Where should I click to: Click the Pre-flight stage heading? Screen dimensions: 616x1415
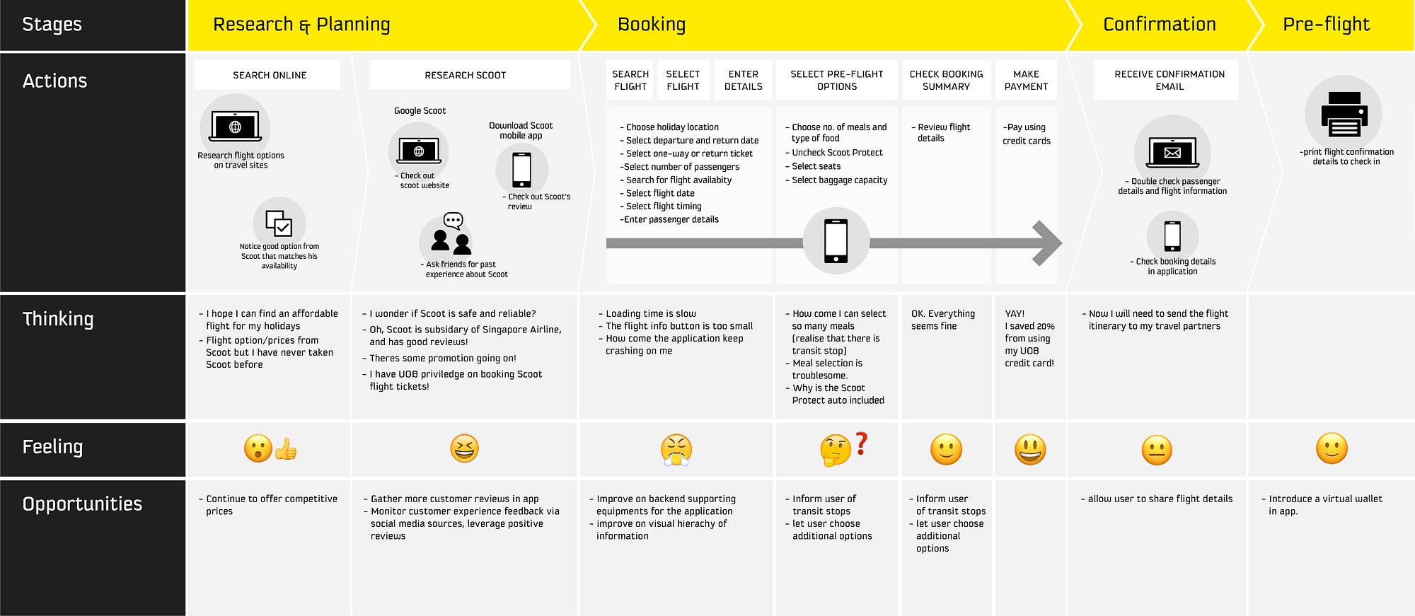[x=1326, y=25]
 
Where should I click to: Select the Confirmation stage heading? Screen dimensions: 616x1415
[x=1159, y=25]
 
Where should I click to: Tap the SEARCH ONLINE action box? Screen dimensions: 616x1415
[x=269, y=75]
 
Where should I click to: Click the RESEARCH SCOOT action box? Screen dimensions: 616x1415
[x=466, y=75]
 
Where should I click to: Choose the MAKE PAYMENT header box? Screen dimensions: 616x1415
[x=1026, y=80]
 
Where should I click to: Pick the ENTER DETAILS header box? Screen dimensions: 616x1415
[x=743, y=80]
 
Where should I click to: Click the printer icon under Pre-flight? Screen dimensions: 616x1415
[x=1344, y=114]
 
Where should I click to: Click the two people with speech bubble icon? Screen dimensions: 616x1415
[x=451, y=233]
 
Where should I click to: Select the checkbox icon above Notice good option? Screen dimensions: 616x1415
[x=279, y=223]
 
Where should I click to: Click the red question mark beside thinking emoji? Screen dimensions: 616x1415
[x=861, y=443]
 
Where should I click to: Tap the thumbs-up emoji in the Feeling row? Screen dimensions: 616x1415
[x=286, y=449]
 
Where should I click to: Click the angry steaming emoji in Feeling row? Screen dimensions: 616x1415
[x=676, y=450]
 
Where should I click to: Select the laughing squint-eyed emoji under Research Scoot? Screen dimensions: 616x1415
[x=465, y=448]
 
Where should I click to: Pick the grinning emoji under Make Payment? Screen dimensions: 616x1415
[x=1030, y=449]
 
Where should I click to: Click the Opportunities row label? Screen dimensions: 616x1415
[x=82, y=504]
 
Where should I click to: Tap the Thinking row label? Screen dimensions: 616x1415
[x=58, y=319]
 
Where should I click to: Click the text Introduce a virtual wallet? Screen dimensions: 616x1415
[x=1324, y=499]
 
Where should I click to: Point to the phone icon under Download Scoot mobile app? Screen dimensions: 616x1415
[x=521, y=170]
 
